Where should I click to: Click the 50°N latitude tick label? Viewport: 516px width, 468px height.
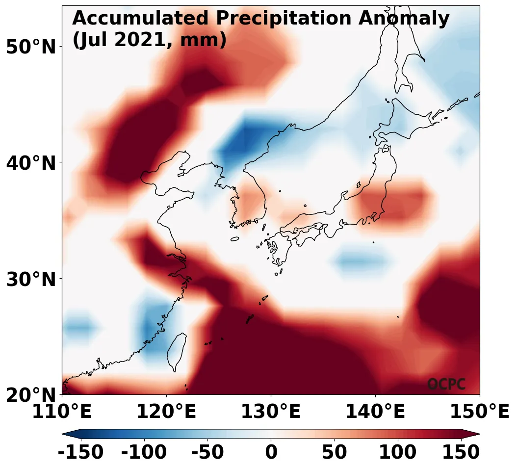pyautogui.click(x=30, y=47)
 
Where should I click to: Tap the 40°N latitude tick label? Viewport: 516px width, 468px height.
pyautogui.click(x=30, y=163)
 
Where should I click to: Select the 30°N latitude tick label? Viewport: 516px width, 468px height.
pyautogui.click(x=30, y=279)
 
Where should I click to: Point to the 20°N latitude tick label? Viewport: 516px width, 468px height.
pyautogui.click(x=30, y=395)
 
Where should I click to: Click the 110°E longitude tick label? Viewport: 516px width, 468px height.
pyautogui.click(x=62, y=412)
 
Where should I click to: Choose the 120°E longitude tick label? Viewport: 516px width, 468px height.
pyautogui.click(x=166, y=412)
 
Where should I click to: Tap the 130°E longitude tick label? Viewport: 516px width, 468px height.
pyautogui.click(x=271, y=412)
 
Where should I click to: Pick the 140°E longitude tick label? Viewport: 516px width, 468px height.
pyautogui.click(x=375, y=412)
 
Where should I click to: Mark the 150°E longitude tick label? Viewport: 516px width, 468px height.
pyautogui.click(x=480, y=412)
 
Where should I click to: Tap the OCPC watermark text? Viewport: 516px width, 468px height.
pyautogui.click(x=446, y=385)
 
